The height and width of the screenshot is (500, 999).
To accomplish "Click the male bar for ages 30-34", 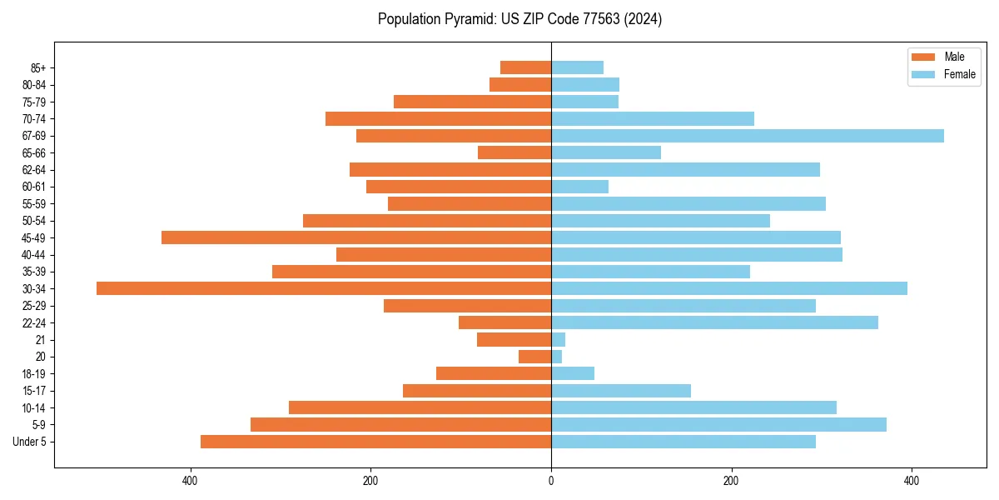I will (324, 288).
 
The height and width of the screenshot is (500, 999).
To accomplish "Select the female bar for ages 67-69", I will (748, 136).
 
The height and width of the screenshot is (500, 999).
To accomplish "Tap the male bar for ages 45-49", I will (356, 237).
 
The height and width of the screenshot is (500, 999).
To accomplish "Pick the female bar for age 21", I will (559, 340).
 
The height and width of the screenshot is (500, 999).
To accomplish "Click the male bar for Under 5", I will (375, 442).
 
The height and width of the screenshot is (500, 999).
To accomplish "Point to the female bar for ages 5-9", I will (718, 425).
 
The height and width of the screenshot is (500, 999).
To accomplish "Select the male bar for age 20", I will (535, 357).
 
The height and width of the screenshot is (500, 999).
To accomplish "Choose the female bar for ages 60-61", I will (580, 187).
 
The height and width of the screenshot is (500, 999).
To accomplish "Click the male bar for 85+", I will (525, 67).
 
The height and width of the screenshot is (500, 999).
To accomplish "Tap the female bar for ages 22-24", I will (714, 322).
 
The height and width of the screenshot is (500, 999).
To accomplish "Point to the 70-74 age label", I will (34, 119).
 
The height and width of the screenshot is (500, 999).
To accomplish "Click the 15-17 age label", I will (34, 391).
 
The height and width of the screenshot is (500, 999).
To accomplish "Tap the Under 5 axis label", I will (30, 442).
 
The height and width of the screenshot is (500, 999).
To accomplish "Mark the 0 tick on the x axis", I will (551, 481).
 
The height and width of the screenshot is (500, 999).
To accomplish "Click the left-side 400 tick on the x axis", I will (191, 481).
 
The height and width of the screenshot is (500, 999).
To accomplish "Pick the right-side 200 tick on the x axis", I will (731, 481).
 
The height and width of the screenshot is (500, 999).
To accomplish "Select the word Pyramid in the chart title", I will (467, 19).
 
